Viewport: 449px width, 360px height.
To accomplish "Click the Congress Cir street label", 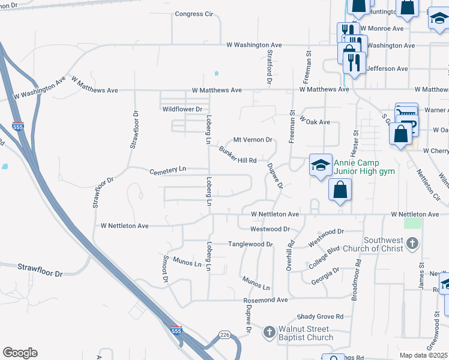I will [x=194, y=14].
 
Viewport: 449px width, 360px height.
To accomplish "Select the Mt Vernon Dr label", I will [x=253, y=140].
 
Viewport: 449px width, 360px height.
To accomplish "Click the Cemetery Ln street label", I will [x=167, y=170].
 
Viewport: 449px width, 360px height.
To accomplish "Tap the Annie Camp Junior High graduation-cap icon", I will [x=321, y=164].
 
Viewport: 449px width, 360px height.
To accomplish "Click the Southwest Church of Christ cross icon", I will [x=412, y=244].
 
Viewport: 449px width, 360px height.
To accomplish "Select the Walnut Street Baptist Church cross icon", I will [x=270, y=332].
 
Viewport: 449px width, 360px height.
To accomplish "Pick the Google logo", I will [x=20, y=353].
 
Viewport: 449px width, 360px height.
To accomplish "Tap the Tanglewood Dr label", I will [x=250, y=244].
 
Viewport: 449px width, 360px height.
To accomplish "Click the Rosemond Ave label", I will [x=266, y=300].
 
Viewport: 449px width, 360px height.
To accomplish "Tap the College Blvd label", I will [x=324, y=257].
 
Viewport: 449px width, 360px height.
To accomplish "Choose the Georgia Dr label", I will [x=325, y=275].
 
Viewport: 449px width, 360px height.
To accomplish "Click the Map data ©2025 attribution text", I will [x=424, y=355].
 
